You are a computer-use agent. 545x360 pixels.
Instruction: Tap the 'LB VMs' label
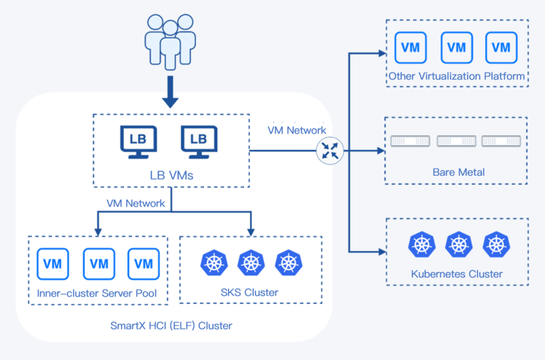click(171, 175)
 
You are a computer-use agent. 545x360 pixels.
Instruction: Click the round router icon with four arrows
click(330, 150)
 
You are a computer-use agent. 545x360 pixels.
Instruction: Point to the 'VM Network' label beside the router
click(297, 130)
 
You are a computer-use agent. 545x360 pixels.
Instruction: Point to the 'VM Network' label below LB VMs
click(136, 203)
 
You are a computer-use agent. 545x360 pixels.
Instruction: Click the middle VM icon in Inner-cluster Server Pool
click(99, 264)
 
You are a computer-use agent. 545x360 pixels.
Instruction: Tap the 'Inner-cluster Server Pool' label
click(97, 293)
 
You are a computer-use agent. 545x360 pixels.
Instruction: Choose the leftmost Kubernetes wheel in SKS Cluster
click(214, 263)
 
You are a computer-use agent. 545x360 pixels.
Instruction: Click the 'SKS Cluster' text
click(249, 293)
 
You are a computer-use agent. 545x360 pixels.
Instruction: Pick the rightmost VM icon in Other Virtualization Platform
click(501, 47)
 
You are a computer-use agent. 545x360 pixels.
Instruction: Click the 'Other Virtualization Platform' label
click(457, 77)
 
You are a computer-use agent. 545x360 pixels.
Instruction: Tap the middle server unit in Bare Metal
click(456, 141)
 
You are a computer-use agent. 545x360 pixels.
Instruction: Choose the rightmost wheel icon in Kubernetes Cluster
click(495, 244)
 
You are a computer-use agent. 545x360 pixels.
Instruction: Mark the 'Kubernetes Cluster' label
click(457, 274)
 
